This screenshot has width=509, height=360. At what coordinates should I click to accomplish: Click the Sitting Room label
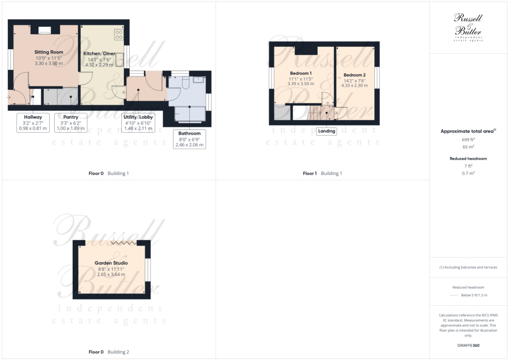(x=49, y=52)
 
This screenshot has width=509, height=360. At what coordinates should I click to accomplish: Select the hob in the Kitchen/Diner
(x=119, y=34)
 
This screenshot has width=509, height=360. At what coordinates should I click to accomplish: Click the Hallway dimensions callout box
(x=33, y=122)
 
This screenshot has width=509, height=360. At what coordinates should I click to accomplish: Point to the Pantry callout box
(x=71, y=122)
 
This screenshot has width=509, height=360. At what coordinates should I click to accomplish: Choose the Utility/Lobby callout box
(x=139, y=122)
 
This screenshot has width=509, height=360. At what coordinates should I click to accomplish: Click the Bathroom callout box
(x=189, y=139)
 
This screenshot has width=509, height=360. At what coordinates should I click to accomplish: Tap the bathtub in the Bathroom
(x=190, y=114)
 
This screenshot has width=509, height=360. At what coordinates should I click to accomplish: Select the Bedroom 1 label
(x=300, y=73)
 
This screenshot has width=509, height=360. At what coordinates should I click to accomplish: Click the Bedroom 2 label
(x=354, y=75)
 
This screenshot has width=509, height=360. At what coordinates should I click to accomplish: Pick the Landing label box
(x=327, y=132)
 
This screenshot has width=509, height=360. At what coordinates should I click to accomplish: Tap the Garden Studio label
(x=111, y=263)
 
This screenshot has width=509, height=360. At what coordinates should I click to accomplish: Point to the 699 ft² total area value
(x=468, y=140)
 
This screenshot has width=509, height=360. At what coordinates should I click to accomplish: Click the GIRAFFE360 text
(x=469, y=345)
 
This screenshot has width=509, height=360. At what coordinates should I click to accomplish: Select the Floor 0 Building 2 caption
(x=108, y=352)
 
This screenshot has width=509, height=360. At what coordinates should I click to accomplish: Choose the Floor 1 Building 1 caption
(x=322, y=174)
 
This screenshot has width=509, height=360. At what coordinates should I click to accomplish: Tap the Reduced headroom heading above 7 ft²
(x=468, y=159)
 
